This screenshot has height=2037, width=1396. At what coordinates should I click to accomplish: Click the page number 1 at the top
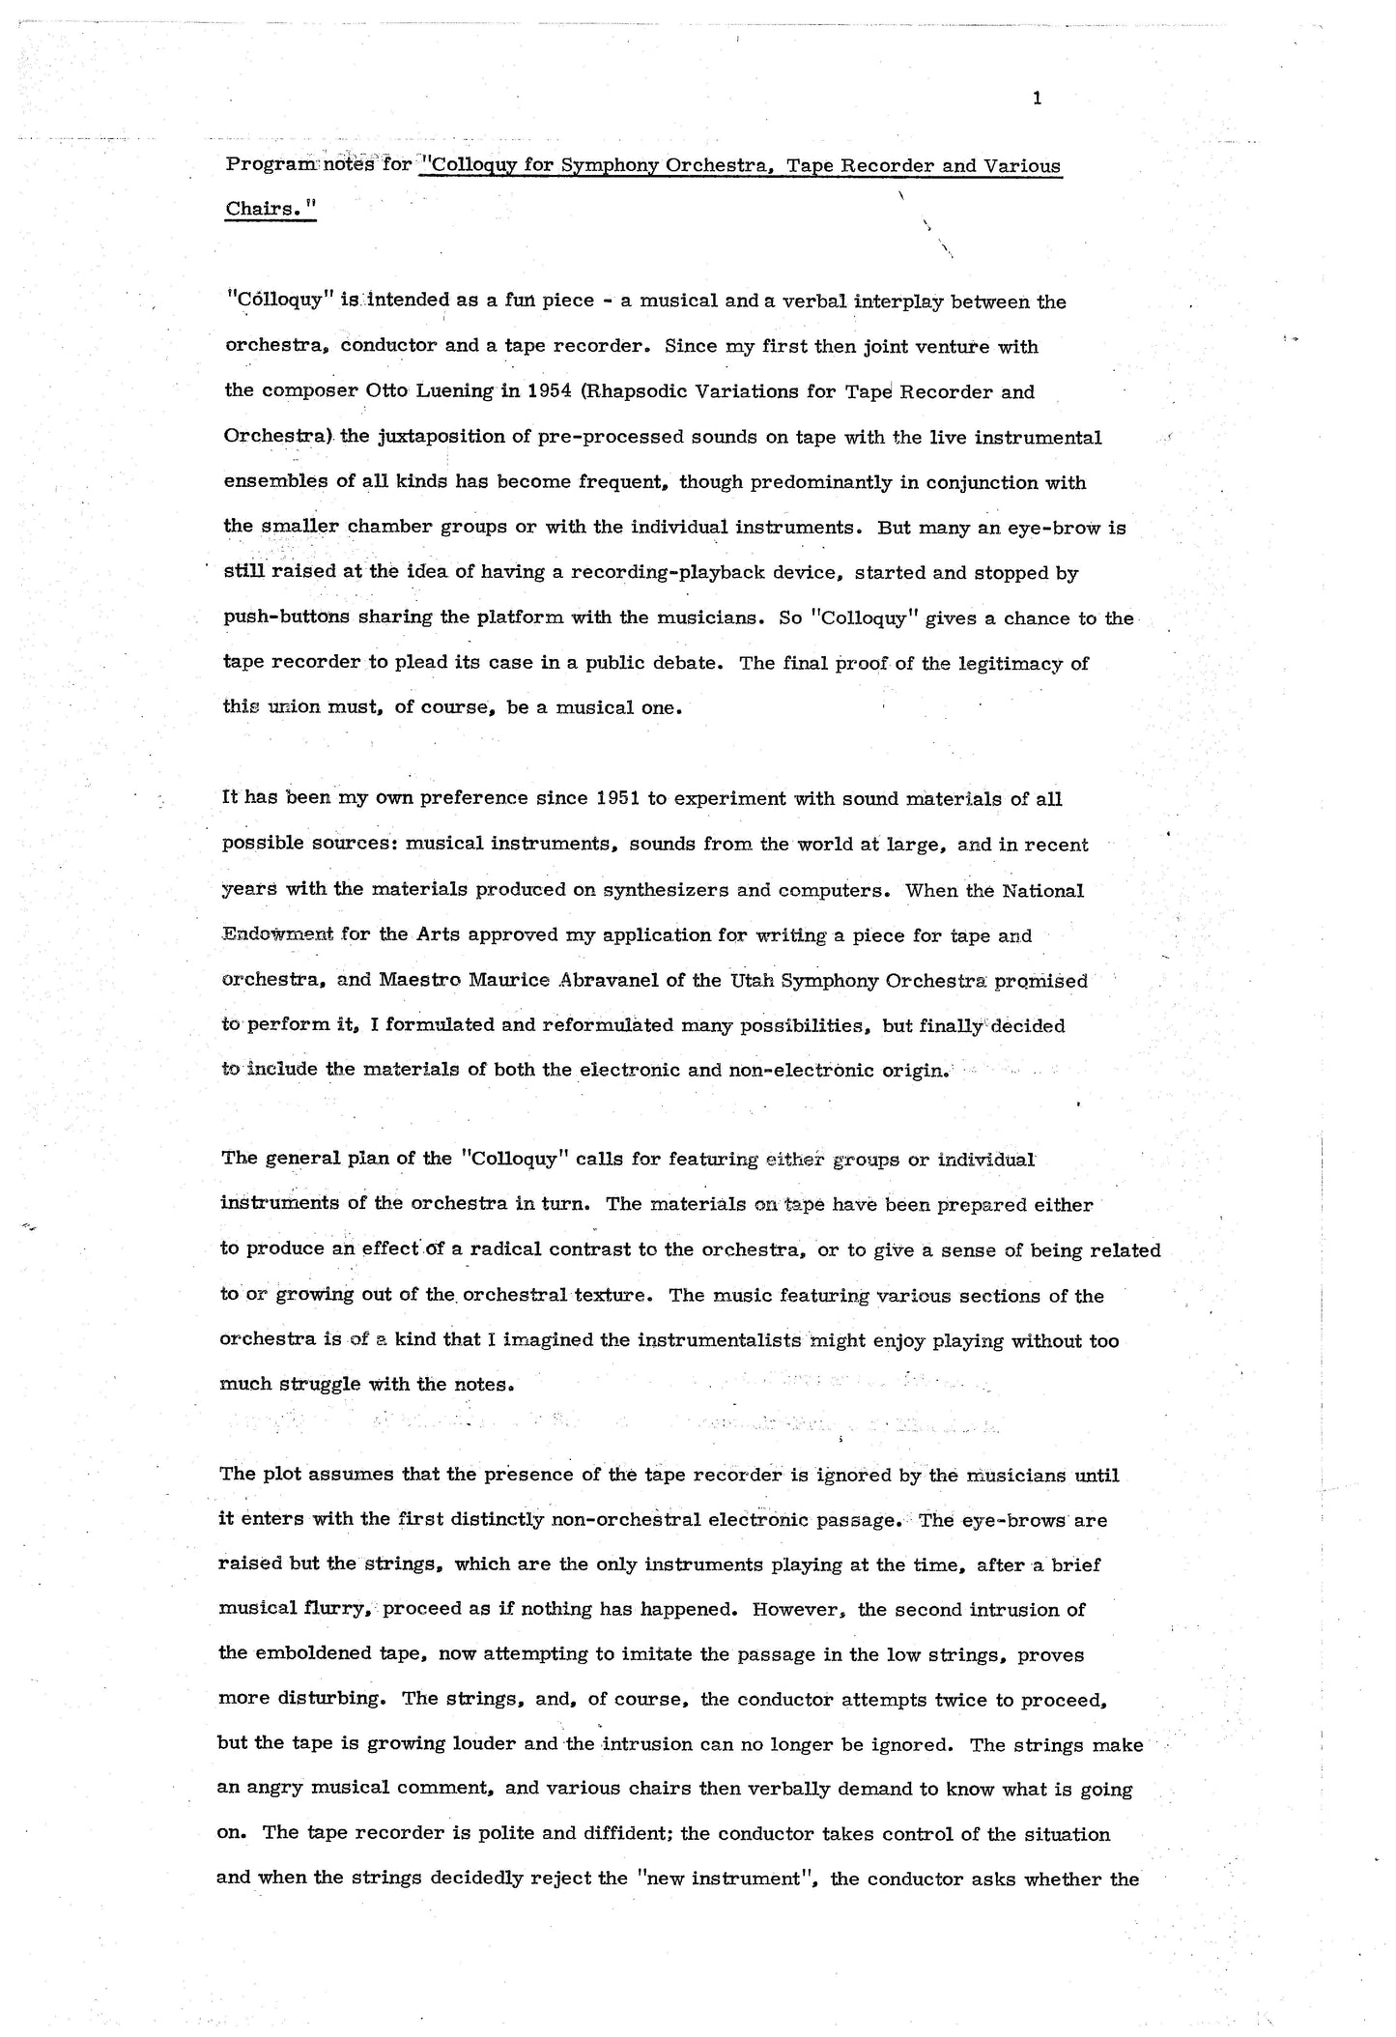1037,98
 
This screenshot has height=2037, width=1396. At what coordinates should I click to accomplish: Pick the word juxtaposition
441,437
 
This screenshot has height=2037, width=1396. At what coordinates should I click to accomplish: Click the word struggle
319,1384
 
